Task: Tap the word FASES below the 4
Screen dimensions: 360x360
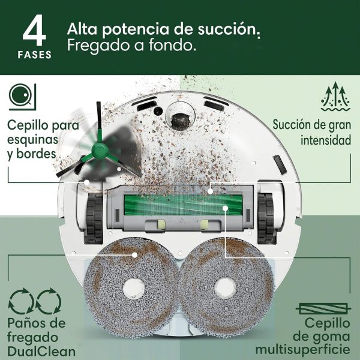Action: click(x=35, y=55)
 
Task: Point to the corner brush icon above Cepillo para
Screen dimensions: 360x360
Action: click(x=22, y=97)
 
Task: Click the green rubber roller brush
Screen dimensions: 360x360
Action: click(x=180, y=208)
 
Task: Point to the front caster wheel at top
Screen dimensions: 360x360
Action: click(x=178, y=117)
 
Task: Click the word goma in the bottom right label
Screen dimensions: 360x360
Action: click(x=333, y=336)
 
